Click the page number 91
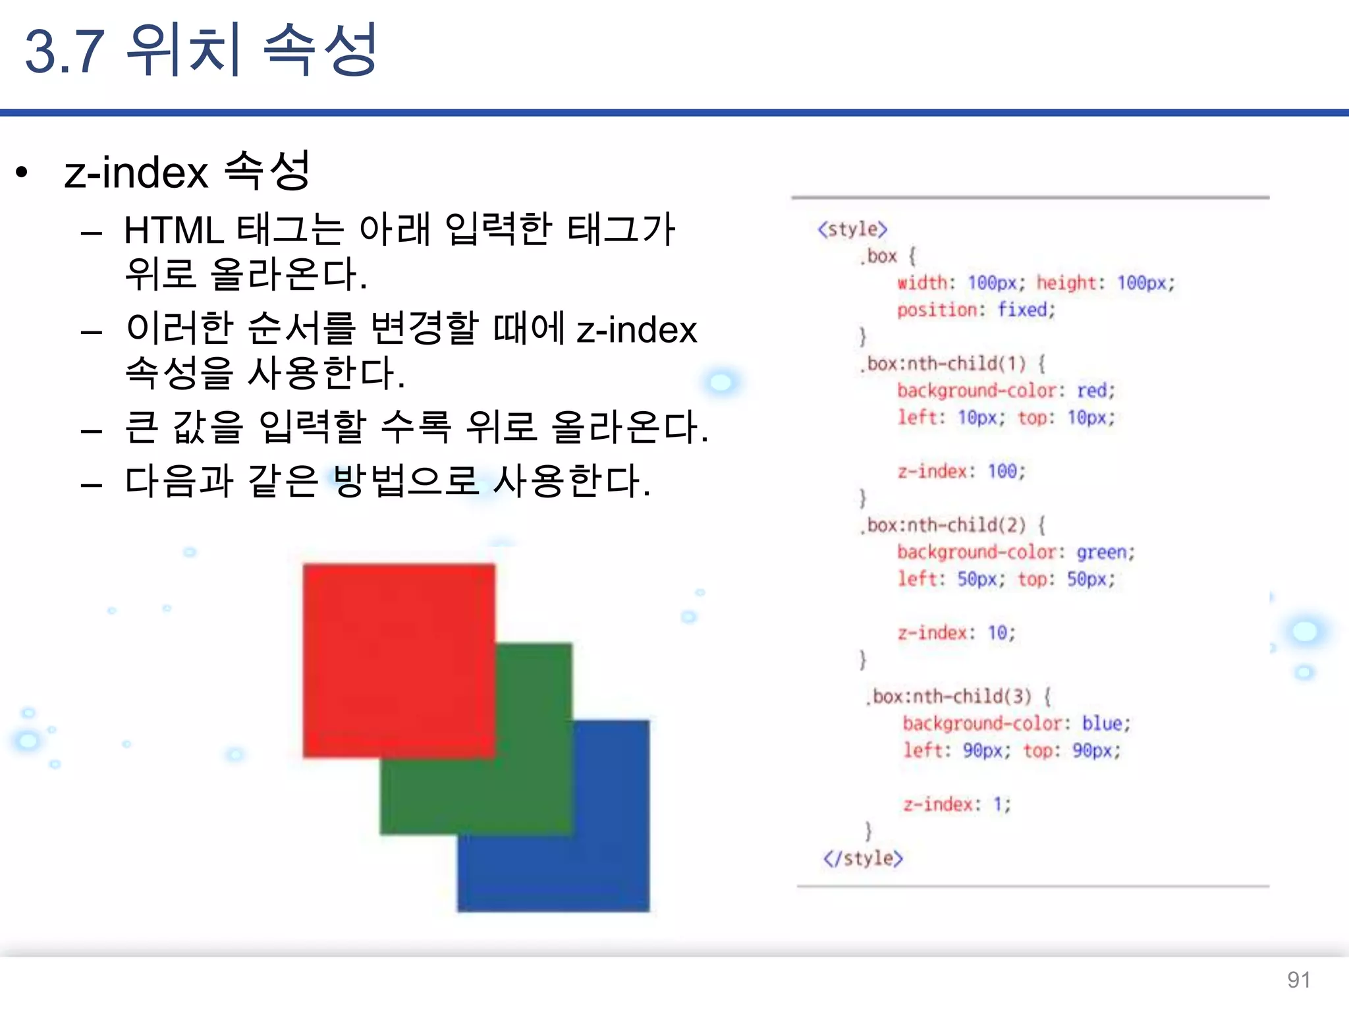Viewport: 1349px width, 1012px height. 1298,980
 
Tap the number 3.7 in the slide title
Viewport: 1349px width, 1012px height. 65,51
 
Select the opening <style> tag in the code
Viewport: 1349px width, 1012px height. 852,229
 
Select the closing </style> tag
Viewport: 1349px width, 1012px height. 863,858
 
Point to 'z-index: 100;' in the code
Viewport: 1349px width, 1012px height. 962,471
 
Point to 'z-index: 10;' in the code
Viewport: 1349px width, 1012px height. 956,632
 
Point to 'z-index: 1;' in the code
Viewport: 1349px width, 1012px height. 956,804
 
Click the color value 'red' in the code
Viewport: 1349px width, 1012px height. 1091,391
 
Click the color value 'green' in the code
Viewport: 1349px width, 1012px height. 1101,552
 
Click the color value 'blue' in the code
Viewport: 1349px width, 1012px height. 1102,723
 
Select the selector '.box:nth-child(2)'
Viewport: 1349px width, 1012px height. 943,525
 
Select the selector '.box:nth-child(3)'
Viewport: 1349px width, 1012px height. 949,696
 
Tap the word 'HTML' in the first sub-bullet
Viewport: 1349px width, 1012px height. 174,231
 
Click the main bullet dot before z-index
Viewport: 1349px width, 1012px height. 22,173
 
